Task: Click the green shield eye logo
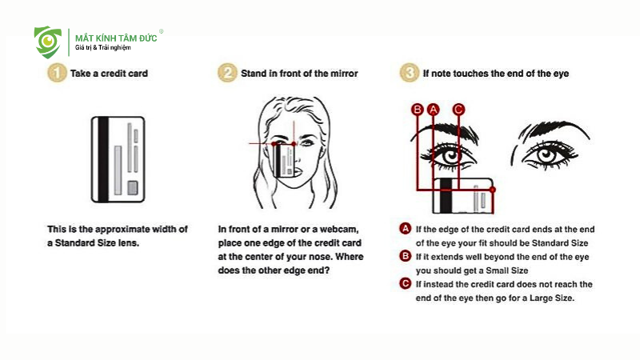[48, 42]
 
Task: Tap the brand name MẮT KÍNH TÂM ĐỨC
[116, 38]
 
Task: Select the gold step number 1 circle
[57, 73]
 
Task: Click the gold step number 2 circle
[227, 73]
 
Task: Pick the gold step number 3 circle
[409, 73]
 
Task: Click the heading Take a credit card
[109, 74]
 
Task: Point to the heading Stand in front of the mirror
[299, 74]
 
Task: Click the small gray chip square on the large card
[133, 187]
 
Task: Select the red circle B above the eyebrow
[417, 110]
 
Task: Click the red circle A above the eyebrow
[433, 110]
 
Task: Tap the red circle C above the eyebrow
[458, 110]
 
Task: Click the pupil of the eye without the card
[546, 154]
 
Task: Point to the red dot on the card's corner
[493, 190]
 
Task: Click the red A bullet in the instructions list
[406, 229]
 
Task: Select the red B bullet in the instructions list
[406, 256]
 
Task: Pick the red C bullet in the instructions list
[406, 284]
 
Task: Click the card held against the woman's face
[284, 161]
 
